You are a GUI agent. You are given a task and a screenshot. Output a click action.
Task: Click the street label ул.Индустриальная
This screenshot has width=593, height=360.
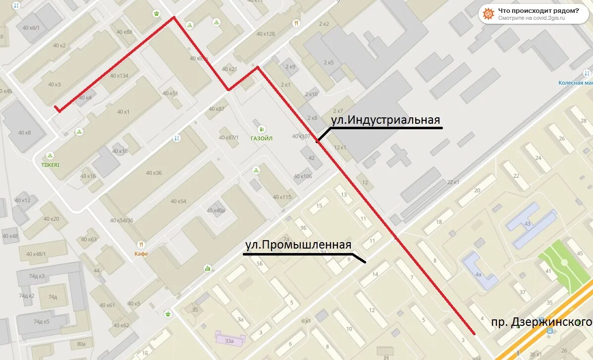(385, 120)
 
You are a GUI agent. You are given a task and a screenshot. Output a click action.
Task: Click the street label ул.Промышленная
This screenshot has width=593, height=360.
(298, 245)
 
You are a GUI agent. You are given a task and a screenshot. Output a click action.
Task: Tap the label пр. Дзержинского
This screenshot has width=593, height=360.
(541, 322)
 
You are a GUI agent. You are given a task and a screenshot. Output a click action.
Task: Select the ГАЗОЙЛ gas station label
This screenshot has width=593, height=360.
(262, 138)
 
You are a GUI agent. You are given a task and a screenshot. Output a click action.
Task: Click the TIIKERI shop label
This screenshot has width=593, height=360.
(50, 164)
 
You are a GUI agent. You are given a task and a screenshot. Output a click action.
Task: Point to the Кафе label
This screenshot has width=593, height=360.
(141, 254)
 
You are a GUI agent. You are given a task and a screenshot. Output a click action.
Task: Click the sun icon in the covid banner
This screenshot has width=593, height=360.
(488, 14)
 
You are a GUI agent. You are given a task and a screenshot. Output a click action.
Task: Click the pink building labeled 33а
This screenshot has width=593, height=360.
(229, 341)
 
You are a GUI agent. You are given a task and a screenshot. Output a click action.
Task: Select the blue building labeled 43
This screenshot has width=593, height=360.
(528, 224)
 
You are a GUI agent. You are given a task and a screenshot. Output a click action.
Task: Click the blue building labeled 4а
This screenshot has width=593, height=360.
(478, 273)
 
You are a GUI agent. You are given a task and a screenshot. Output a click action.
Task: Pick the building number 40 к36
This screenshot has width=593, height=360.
(154, 173)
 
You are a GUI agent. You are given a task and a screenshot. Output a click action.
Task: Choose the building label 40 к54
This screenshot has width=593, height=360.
(178, 201)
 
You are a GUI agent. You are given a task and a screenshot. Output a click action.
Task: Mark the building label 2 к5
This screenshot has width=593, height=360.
(329, 62)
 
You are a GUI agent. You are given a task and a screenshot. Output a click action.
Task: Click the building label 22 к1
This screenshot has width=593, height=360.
(453, 182)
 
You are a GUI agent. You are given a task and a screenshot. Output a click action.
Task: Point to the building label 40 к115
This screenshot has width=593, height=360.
(282, 197)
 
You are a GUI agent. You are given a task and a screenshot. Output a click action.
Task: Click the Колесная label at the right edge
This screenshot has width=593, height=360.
(575, 83)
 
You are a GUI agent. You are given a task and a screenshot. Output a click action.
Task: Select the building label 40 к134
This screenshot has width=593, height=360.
(119, 76)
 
